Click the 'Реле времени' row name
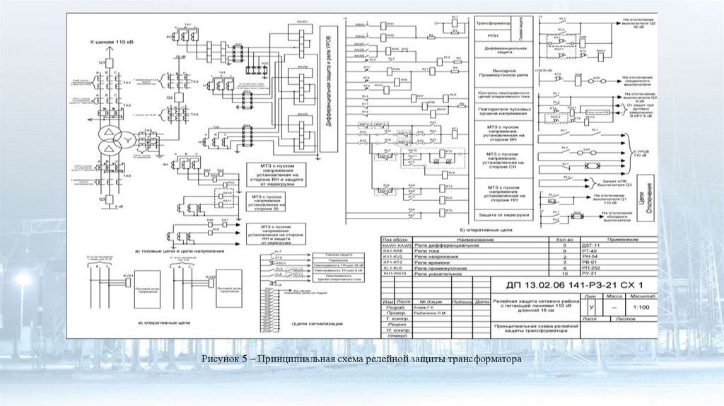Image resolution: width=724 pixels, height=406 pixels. pos(433,263)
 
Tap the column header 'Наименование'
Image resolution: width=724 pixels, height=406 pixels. pos(467,240)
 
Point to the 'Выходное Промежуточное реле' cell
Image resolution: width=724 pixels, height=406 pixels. pos(503,72)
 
